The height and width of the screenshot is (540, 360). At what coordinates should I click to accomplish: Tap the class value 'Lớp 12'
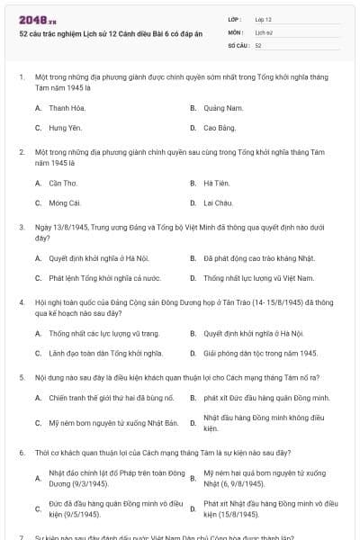click(x=264, y=19)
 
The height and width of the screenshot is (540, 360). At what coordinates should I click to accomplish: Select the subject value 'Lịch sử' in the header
click(x=263, y=31)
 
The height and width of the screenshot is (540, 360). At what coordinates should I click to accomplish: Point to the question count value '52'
click(x=258, y=44)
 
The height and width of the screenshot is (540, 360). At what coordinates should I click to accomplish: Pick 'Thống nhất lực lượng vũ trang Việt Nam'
click(x=258, y=278)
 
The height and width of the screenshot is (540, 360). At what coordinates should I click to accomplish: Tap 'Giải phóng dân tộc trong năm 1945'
click(x=260, y=353)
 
